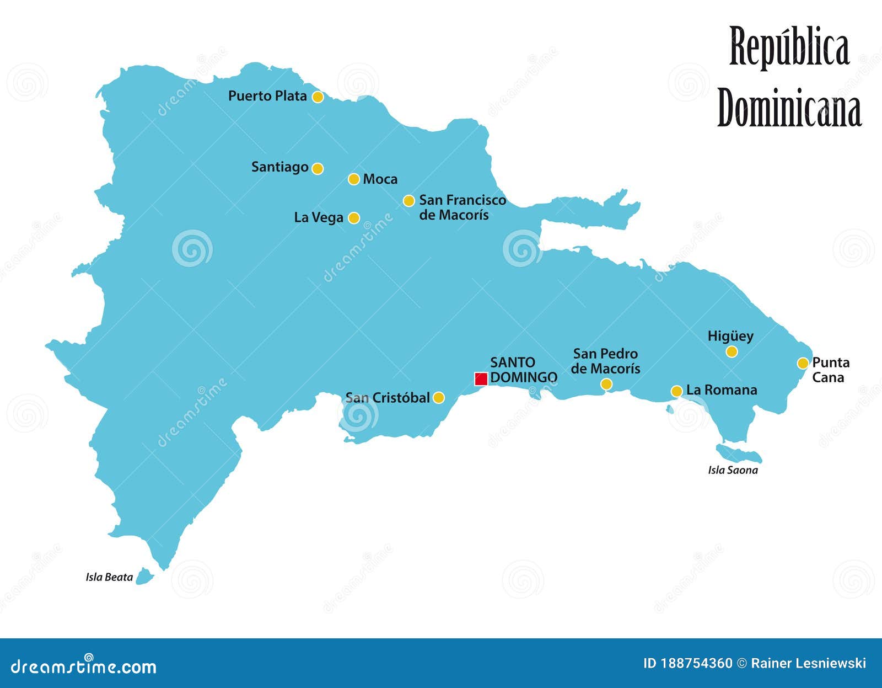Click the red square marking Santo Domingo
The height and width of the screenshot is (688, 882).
(481, 379)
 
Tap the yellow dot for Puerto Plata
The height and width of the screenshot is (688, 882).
(318, 97)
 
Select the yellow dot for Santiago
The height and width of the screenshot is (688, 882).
(318, 168)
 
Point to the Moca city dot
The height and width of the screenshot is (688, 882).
(354, 179)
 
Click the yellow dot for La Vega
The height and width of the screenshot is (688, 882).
(354, 218)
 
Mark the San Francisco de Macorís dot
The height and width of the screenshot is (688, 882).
(408, 201)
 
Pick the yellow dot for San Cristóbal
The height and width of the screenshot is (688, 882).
(439, 397)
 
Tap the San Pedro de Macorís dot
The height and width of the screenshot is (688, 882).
(606, 384)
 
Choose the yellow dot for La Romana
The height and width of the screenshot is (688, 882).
(676, 391)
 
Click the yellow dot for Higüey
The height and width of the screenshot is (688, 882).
(732, 351)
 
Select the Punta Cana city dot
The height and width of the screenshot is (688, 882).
(803, 363)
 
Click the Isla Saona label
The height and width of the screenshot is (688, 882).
(733, 470)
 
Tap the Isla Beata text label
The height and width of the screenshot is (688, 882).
(109, 577)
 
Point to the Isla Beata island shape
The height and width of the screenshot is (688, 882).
(144, 576)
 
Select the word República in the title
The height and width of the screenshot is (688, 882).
(789, 47)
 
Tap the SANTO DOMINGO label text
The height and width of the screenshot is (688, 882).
(523, 370)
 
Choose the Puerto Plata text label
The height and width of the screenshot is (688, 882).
(267, 96)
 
